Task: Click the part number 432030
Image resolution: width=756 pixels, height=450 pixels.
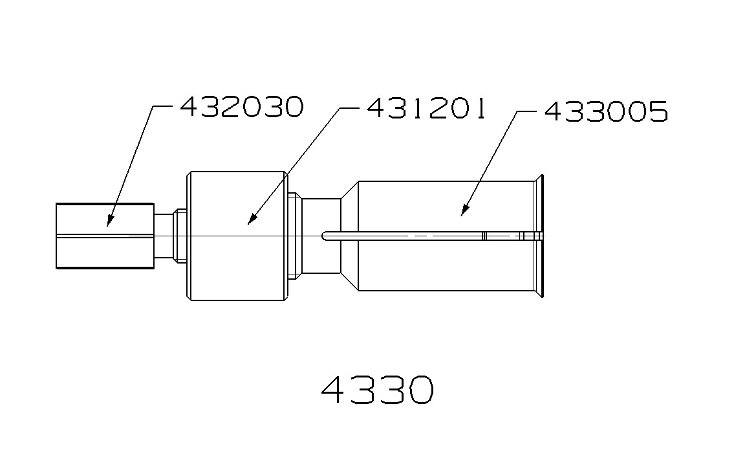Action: tap(241, 107)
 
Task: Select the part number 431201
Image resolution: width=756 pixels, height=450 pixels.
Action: tap(427, 108)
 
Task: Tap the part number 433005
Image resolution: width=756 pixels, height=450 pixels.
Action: tap(606, 111)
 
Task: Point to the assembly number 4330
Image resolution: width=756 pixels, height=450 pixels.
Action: tap(378, 389)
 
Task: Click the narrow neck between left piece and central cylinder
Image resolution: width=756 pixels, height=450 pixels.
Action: tap(169, 236)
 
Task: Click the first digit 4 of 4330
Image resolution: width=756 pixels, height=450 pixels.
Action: tap(335, 389)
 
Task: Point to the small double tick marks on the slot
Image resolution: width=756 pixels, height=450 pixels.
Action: tap(484, 236)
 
